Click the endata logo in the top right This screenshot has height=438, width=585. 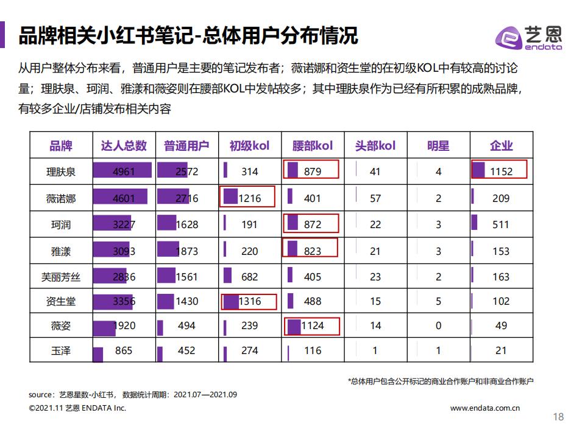click(x=528, y=37)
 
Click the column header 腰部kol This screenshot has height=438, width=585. click(x=312, y=145)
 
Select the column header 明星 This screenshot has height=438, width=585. click(x=438, y=145)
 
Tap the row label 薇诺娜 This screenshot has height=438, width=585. click(x=61, y=198)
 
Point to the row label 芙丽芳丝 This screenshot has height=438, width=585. click(x=61, y=277)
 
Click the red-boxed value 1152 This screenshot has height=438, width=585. click(x=501, y=172)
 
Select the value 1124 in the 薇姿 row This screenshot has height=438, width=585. click(x=312, y=325)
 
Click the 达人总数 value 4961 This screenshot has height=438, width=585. click(x=124, y=172)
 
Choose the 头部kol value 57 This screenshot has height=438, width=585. click(x=375, y=198)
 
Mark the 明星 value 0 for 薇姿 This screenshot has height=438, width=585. click(x=438, y=325)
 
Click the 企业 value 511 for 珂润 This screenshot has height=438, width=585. click(x=501, y=224)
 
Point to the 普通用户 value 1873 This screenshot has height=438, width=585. click(x=186, y=251)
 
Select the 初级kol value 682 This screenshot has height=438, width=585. click(x=249, y=277)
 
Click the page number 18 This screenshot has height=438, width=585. click(x=558, y=417)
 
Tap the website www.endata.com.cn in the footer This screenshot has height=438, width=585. click(x=485, y=408)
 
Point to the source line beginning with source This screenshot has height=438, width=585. click(x=133, y=394)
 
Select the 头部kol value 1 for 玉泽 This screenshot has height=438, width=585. click(x=375, y=350)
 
